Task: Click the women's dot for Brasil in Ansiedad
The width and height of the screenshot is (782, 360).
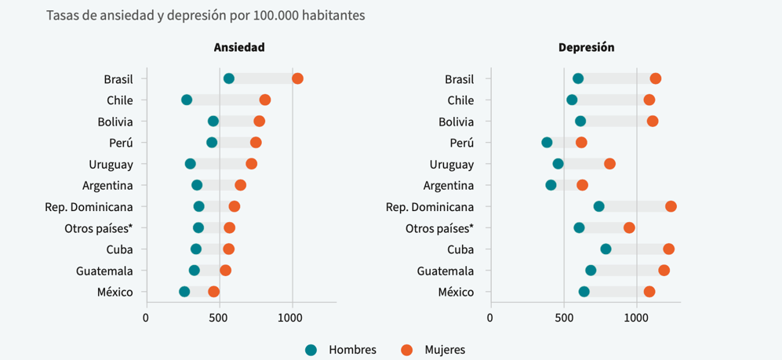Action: click(x=297, y=78)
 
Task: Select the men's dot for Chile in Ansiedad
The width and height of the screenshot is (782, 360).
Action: click(x=187, y=100)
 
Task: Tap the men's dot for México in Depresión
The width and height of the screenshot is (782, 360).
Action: click(x=584, y=292)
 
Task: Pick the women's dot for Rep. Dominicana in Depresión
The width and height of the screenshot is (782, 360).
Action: click(x=671, y=206)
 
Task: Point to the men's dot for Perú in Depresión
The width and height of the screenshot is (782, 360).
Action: click(x=547, y=142)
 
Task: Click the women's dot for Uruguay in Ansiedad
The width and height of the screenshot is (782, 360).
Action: click(x=251, y=164)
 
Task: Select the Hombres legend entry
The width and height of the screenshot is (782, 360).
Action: click(x=341, y=350)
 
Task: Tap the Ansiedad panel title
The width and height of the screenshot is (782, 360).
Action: click(x=239, y=47)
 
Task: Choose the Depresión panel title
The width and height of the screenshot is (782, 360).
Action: click(x=586, y=47)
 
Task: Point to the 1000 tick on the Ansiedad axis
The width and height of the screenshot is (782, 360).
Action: click(x=291, y=318)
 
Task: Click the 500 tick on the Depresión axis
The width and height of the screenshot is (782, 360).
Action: click(x=563, y=318)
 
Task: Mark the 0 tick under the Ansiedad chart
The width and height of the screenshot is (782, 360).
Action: click(x=146, y=318)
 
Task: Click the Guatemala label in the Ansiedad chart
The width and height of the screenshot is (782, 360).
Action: click(x=104, y=271)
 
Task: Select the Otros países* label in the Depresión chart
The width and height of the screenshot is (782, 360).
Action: click(x=439, y=228)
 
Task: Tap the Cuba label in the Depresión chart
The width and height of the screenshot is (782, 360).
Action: click(x=460, y=249)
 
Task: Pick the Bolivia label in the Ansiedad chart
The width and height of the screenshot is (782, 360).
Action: click(x=115, y=122)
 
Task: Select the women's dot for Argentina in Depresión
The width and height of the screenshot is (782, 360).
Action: click(x=582, y=185)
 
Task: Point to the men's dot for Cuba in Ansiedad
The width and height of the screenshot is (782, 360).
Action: click(x=196, y=249)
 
